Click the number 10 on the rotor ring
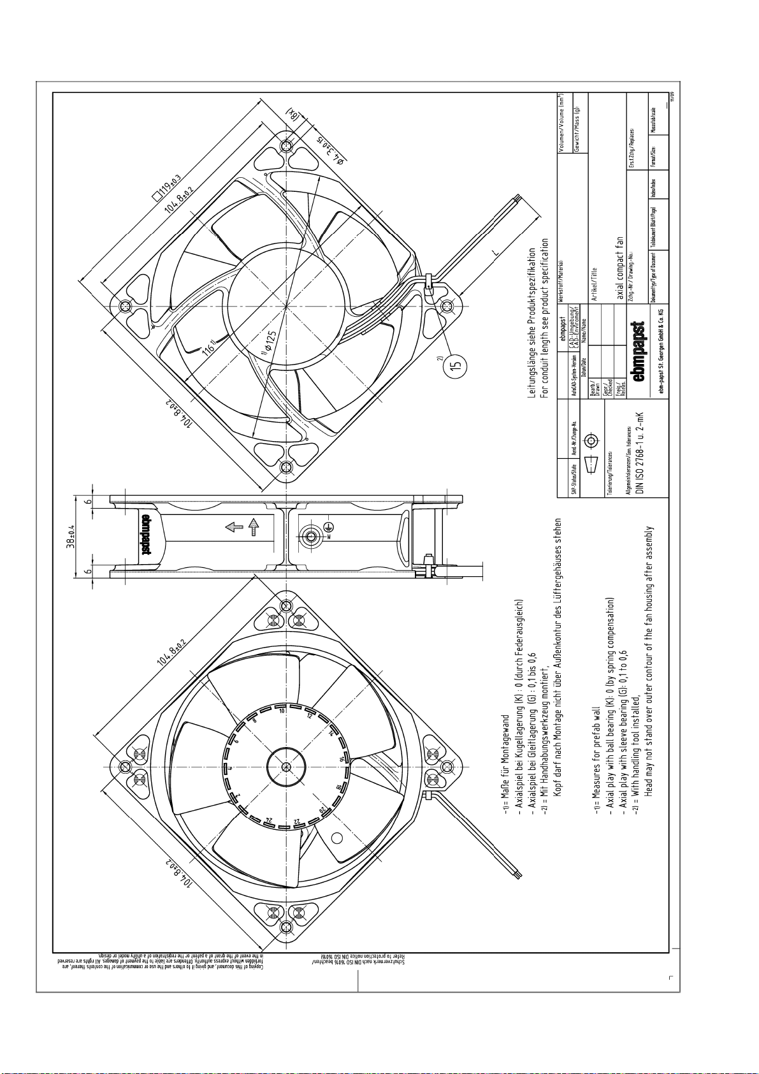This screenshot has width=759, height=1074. pyautogui.click(x=282, y=710)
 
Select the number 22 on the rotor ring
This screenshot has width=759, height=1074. pyautogui.click(x=296, y=821)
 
